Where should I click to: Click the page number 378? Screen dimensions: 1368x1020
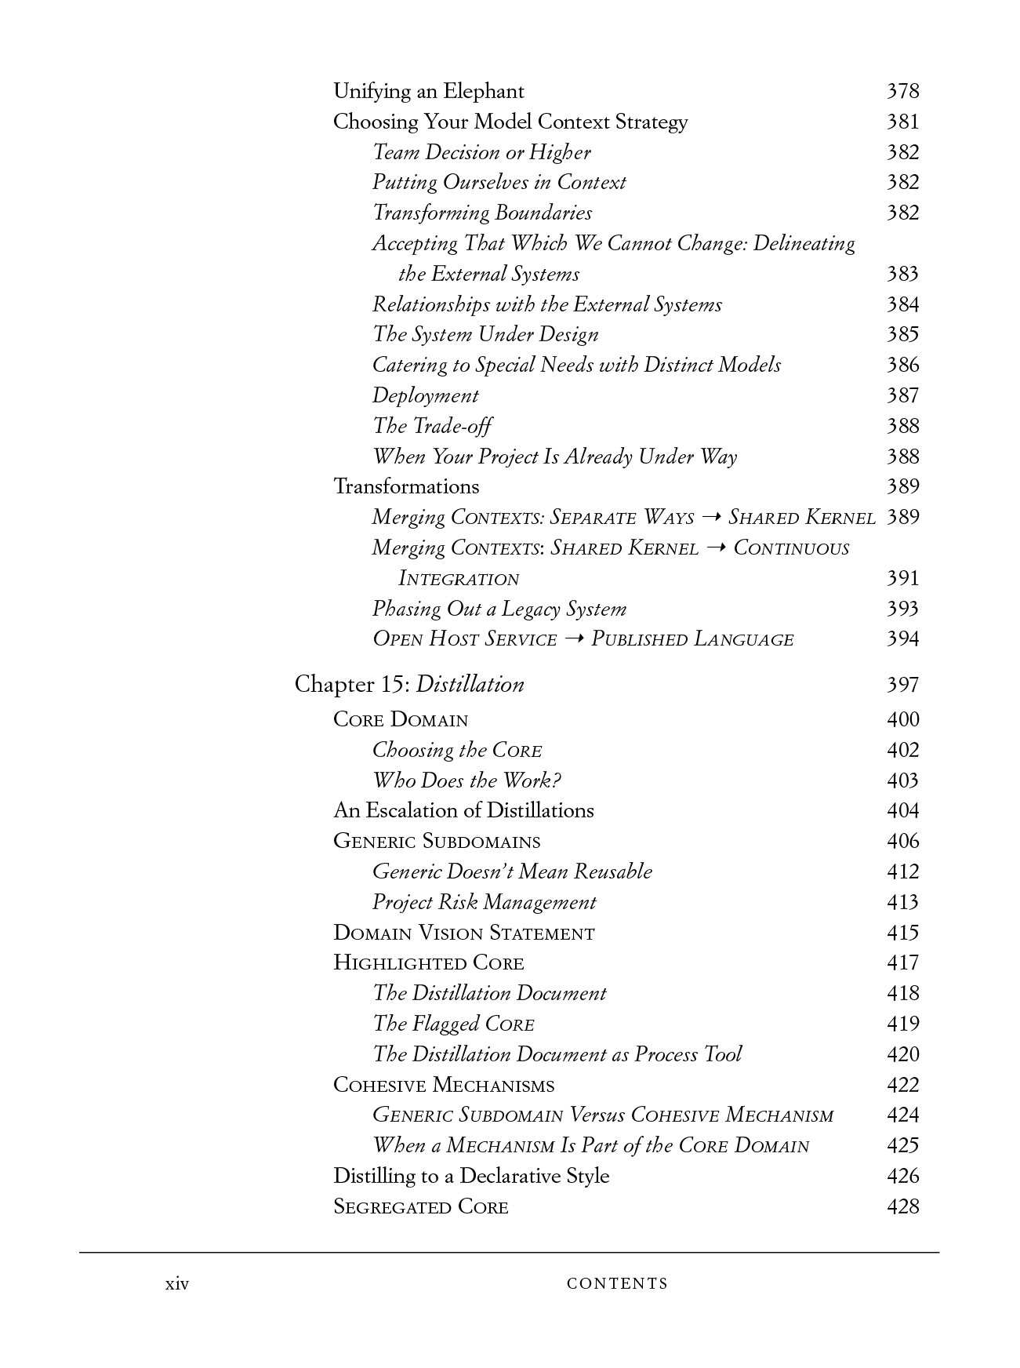click(x=902, y=91)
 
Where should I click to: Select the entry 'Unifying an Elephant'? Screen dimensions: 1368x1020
click(x=428, y=91)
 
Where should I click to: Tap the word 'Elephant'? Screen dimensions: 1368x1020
click(x=483, y=91)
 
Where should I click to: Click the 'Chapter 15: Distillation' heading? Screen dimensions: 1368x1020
click(x=409, y=685)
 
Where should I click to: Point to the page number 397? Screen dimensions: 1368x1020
click(x=902, y=685)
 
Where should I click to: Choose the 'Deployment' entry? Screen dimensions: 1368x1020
click(x=425, y=395)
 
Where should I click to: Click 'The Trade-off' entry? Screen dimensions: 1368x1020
click(x=432, y=426)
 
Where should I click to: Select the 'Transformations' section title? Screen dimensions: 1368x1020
click(x=406, y=486)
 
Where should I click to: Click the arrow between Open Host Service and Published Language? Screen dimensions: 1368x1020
click(x=574, y=640)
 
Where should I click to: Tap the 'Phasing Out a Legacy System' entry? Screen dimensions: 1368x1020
click(x=499, y=609)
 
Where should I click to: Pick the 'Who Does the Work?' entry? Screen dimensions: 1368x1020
click(x=466, y=780)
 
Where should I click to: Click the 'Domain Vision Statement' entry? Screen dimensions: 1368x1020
click(x=463, y=933)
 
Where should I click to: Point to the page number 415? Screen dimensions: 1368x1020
click(x=902, y=933)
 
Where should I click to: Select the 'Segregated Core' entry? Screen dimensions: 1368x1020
click(x=420, y=1206)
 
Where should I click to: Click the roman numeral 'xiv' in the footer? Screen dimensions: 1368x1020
click(x=177, y=1284)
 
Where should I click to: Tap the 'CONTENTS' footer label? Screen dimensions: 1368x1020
click(x=617, y=1284)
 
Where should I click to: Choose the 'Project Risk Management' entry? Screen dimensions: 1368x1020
click(x=484, y=902)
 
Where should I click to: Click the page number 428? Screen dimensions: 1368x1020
click(x=902, y=1206)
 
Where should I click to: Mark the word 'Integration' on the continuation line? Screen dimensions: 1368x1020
click(x=459, y=579)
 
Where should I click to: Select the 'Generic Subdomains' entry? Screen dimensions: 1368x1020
click(x=437, y=842)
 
